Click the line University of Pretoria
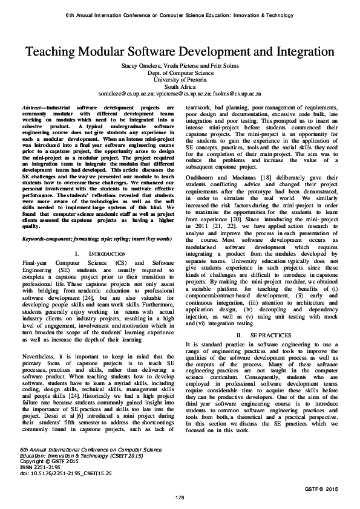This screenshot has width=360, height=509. click(x=180, y=79)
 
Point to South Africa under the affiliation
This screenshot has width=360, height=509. click(x=180, y=86)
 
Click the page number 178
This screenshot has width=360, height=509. click(x=180, y=497)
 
